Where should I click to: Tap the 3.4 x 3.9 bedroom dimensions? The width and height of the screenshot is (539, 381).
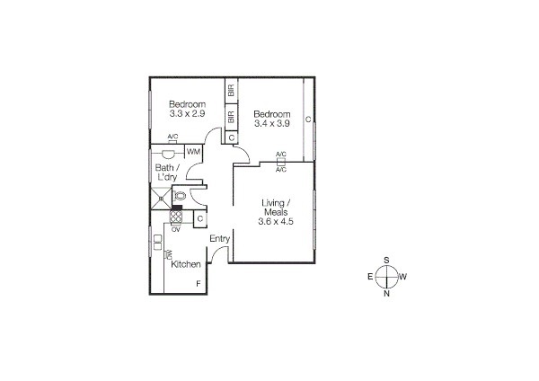point(272,125)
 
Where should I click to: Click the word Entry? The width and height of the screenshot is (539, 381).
point(220,238)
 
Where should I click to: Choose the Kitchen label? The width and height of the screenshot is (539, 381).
point(185,264)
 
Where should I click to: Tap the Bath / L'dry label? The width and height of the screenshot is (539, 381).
point(167,173)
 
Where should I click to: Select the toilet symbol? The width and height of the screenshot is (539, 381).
point(180,195)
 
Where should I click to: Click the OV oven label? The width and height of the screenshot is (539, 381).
point(176,229)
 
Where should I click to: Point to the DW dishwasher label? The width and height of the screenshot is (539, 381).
point(168,255)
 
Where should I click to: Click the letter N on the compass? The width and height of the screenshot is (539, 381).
point(386,293)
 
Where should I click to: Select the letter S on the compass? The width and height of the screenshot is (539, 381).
point(386,260)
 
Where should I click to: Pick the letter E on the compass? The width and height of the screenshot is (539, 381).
point(369,277)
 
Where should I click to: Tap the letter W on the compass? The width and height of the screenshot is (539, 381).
point(403,277)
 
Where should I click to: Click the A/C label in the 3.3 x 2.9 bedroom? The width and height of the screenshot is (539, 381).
point(172,137)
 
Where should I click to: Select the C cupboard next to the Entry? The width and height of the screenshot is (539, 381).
point(200,218)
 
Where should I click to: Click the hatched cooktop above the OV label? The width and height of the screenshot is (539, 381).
point(176,217)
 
